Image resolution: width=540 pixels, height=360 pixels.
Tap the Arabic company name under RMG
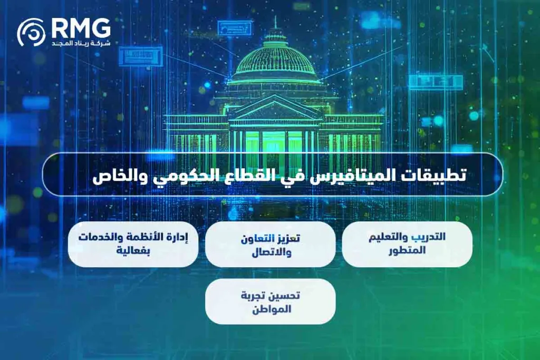coord(81,42)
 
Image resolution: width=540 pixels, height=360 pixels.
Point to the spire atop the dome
coord(275,24)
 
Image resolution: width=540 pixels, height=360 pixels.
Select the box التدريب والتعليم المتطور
coord(407,244)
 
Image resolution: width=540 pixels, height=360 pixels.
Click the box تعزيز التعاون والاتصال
coord(270,245)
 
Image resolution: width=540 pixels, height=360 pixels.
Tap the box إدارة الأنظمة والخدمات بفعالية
coord(133,244)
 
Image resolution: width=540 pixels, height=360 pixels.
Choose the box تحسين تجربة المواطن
coord(270,301)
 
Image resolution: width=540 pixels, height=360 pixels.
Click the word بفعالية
coord(133,251)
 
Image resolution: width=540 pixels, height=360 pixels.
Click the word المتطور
coord(407,251)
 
